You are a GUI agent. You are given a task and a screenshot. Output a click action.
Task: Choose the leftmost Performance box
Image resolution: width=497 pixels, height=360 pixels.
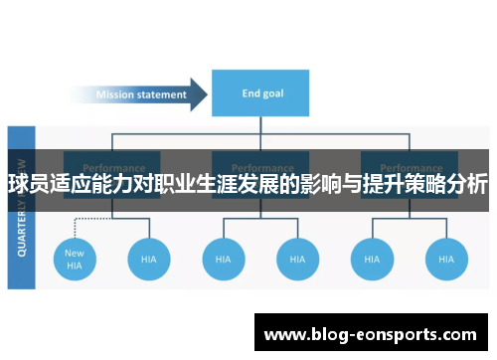[111, 163]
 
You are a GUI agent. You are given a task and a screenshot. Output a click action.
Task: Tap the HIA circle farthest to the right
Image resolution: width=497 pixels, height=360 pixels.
[445, 259]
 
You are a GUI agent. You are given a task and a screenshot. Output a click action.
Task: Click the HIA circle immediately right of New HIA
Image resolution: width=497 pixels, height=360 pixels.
[149, 259]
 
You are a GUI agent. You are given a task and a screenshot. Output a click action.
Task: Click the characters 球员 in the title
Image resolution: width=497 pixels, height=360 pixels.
[28, 185]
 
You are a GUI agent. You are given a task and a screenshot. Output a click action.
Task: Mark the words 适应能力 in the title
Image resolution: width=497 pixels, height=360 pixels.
[98, 185]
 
